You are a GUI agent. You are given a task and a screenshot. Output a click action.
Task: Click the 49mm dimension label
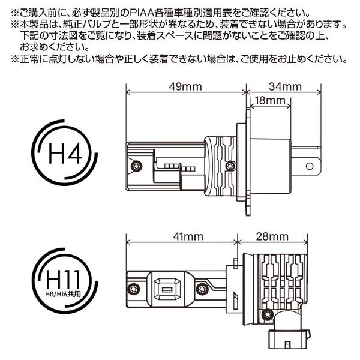(185, 87)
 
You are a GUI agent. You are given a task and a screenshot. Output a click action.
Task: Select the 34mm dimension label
(285, 87)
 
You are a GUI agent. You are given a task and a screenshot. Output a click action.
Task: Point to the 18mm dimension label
(270, 101)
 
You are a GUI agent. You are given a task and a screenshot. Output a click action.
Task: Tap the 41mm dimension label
(188, 236)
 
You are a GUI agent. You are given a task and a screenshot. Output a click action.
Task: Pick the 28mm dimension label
(272, 236)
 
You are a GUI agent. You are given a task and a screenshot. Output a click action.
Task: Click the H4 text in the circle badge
(65, 152)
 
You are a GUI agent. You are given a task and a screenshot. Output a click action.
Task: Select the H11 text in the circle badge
(63, 278)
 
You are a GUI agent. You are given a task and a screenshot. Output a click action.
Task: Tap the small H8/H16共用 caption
(63, 294)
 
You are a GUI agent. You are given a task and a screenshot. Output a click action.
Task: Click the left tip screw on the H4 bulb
(136, 166)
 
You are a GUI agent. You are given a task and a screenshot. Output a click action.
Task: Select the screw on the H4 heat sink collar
(230, 166)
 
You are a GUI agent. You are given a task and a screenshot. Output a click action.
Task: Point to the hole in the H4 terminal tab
(310, 166)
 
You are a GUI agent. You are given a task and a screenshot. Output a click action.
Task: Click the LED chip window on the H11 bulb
(167, 289)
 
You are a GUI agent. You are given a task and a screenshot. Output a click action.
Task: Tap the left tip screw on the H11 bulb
(133, 289)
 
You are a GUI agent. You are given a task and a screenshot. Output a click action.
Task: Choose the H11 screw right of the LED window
(202, 289)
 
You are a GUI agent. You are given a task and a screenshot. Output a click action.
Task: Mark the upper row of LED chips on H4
(172, 166)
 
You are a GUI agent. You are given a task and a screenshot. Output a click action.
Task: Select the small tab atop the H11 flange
(235, 263)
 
